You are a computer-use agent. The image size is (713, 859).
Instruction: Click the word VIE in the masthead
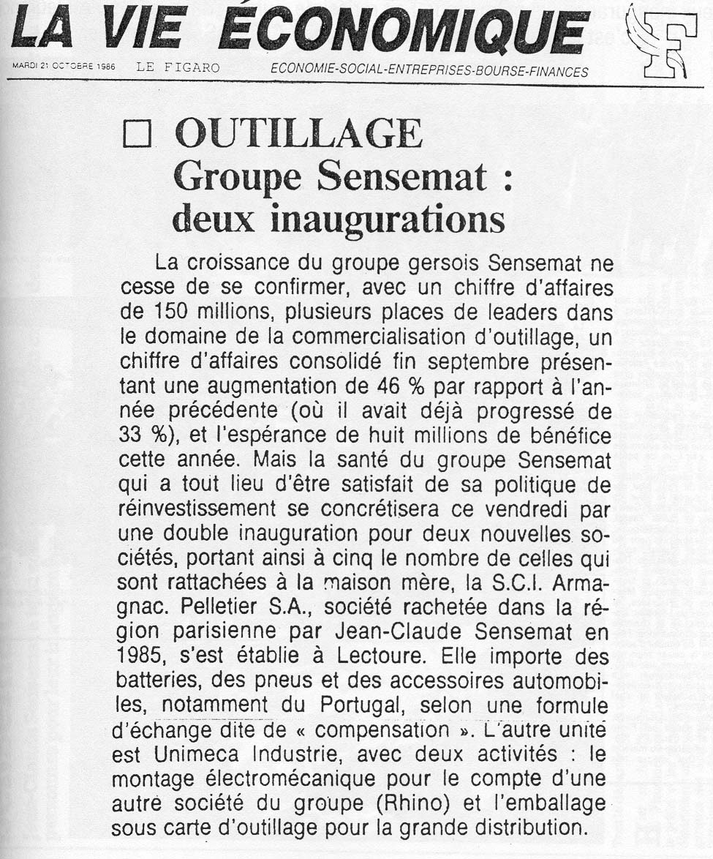[x=141, y=31]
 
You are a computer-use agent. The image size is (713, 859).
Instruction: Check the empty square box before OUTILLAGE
[x=137, y=136]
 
